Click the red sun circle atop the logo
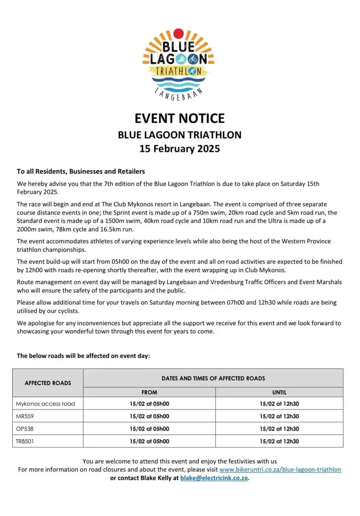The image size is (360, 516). pos(178,33)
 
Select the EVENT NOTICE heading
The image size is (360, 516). pos(179,118)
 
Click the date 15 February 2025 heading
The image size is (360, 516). pos(180,148)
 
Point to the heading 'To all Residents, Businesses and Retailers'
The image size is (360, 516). pos(81,171)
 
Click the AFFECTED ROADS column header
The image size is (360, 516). pos(48,383)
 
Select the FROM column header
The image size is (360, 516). pos(149,392)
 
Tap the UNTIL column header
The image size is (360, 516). pos(279,392)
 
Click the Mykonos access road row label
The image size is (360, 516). pos(45,404)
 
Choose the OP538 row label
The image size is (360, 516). pos(24,429)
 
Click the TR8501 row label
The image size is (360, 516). pos(25,441)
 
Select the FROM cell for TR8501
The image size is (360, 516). pos(149,441)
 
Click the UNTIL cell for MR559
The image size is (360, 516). pos(279,416)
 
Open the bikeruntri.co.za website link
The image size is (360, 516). pos(280,470)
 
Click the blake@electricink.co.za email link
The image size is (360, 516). pos(214,478)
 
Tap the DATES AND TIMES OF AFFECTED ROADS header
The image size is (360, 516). pos(213,378)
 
